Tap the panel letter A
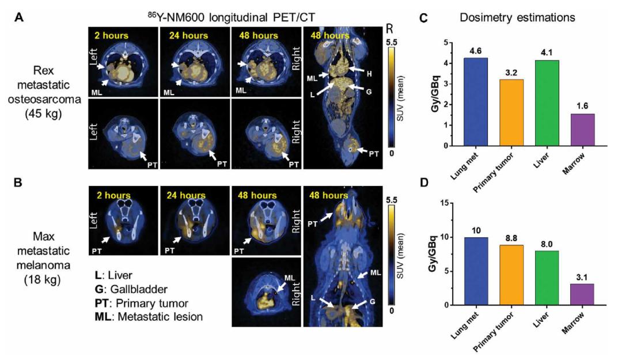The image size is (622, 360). [x=19, y=17]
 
